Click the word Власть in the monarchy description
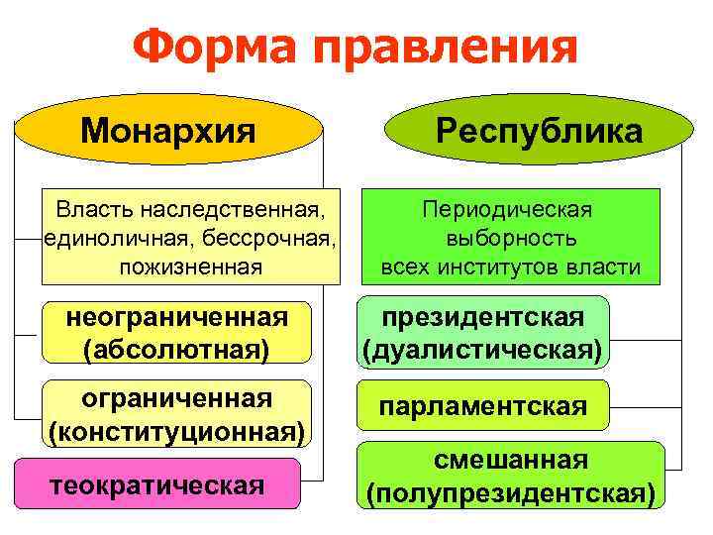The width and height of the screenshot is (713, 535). pyautogui.click(x=96, y=211)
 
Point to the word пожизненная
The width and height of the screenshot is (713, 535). pyautogui.click(x=190, y=267)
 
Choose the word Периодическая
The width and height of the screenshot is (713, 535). pyautogui.click(x=507, y=211)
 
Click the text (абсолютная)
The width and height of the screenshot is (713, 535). pyautogui.click(x=176, y=350)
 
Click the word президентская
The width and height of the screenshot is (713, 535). pyautogui.click(x=482, y=317)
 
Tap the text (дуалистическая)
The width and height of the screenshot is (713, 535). pyautogui.click(x=482, y=350)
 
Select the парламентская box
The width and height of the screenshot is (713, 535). pyautogui.click(x=482, y=406)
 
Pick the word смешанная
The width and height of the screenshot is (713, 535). pyautogui.click(x=511, y=461)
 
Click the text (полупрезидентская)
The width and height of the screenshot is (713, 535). pyautogui.click(x=511, y=492)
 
